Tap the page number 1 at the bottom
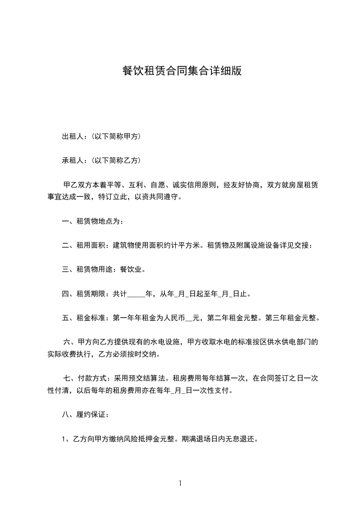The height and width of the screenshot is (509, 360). pos(180,483)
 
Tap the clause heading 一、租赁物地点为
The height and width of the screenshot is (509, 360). pos(92,222)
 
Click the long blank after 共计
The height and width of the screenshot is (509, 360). pos(136,294)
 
